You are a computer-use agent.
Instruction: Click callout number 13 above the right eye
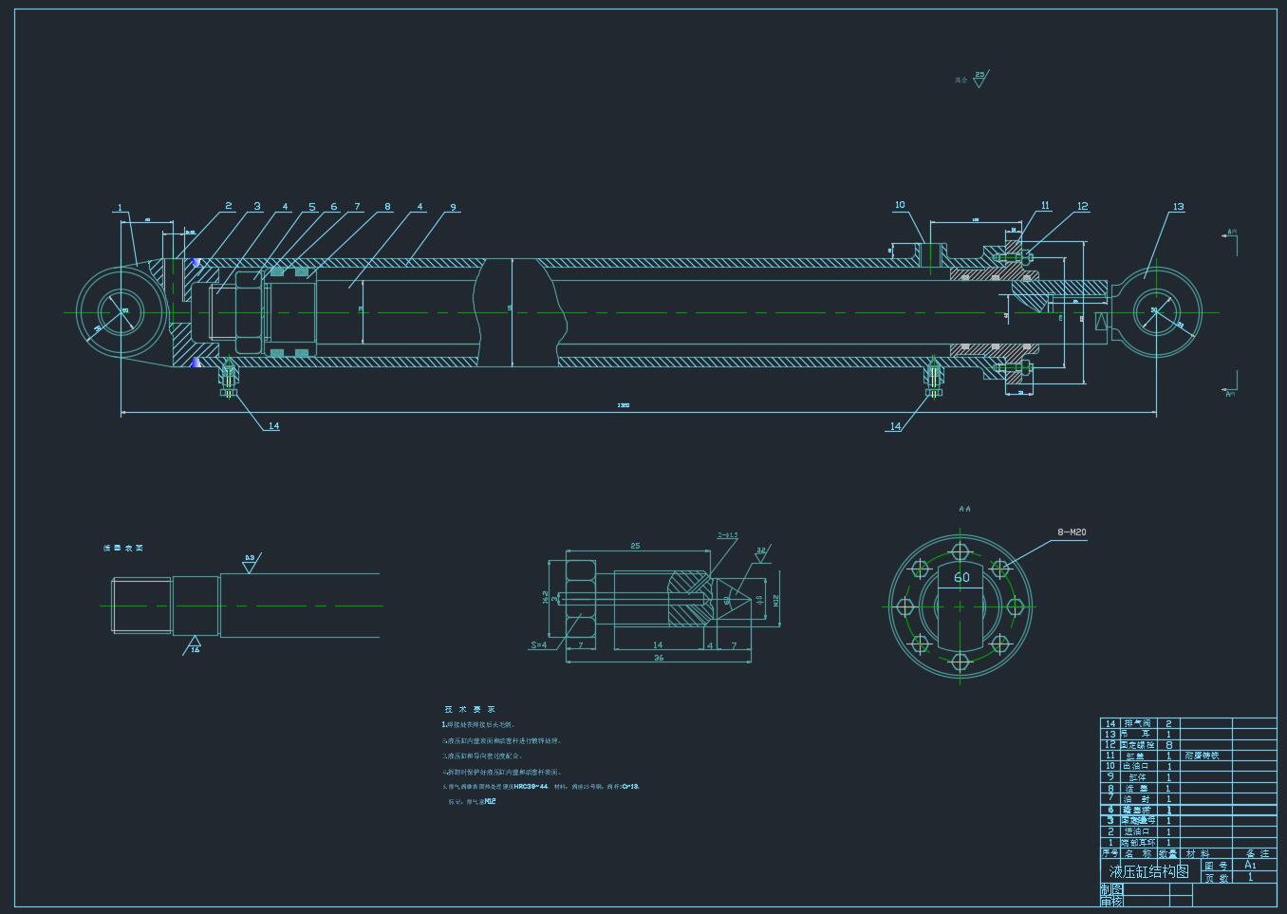pyautogui.click(x=1178, y=206)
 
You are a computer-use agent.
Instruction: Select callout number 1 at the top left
pyautogui.click(x=120, y=208)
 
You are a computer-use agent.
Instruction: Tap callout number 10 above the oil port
pyautogui.click(x=900, y=204)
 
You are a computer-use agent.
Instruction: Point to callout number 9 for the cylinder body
pyautogui.click(x=454, y=207)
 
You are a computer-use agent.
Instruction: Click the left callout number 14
pyautogui.click(x=273, y=425)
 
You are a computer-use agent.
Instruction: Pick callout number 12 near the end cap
pyautogui.click(x=1082, y=206)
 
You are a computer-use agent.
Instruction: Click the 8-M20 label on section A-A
pyautogui.click(x=1072, y=532)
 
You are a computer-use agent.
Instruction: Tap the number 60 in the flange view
pyautogui.click(x=961, y=576)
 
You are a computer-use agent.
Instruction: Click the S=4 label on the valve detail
pyautogui.click(x=538, y=645)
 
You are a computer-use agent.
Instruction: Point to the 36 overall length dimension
pyautogui.click(x=659, y=658)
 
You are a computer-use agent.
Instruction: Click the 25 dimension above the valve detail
pyautogui.click(x=635, y=546)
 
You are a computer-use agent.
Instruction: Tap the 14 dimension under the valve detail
pyautogui.click(x=658, y=645)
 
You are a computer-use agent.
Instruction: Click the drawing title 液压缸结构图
pyautogui.click(x=1148, y=871)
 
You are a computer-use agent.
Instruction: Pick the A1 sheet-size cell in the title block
pyautogui.click(x=1250, y=865)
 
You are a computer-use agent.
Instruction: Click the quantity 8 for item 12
pyautogui.click(x=1168, y=745)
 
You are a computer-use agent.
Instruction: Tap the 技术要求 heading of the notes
pyautogui.click(x=470, y=709)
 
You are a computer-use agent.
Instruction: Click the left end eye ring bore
pyautogui.click(x=121, y=312)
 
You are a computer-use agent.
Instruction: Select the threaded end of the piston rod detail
pyautogui.click(x=141, y=605)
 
